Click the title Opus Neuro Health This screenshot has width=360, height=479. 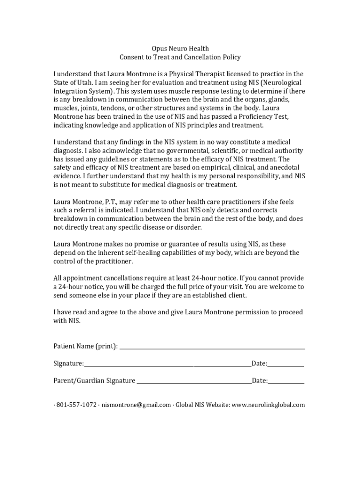pyautogui.click(x=180, y=49)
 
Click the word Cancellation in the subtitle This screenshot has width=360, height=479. pyautogui.click(x=200, y=58)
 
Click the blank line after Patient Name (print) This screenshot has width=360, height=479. pyautogui.click(x=212, y=347)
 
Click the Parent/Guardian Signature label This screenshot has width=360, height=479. pyautogui.click(x=94, y=381)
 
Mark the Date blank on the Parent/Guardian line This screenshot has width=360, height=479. pyautogui.click(x=286, y=381)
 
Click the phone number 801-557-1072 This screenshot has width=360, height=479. pyautogui.click(x=77, y=405)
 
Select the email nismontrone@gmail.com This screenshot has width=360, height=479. pyautogui.click(x=136, y=405)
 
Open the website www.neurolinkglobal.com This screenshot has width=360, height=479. pyautogui.click(x=268, y=405)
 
